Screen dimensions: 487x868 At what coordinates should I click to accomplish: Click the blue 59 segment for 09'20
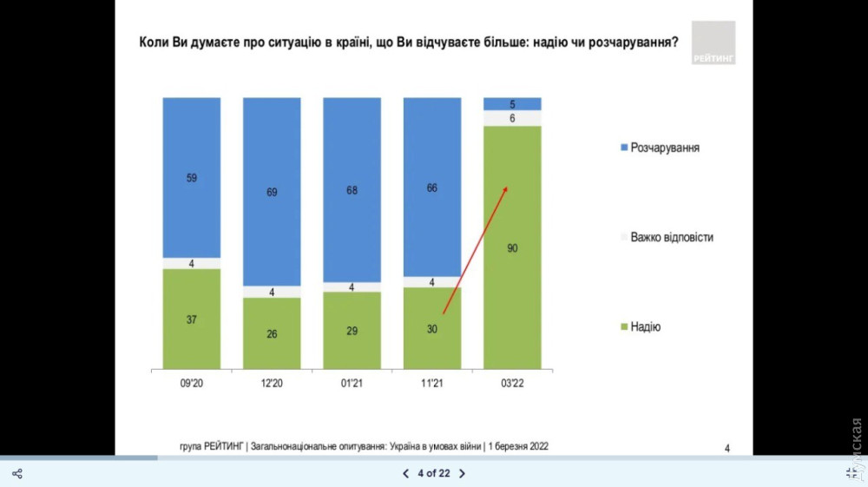191,177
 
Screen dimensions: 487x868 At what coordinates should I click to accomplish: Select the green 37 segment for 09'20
191,319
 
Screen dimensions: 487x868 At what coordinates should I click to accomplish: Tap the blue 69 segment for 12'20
272,191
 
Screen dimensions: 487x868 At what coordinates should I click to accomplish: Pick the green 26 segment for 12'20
272,332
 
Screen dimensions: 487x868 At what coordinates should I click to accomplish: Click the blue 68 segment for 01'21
352,189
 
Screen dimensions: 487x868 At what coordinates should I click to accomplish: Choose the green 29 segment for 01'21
352,330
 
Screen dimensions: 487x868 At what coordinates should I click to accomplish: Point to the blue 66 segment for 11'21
432,187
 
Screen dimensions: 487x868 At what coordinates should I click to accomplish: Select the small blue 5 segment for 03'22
512,104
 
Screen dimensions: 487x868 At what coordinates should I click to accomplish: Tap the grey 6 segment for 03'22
512,118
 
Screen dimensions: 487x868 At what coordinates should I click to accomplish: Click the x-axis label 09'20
191,384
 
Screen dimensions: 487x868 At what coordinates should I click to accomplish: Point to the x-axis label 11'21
432,384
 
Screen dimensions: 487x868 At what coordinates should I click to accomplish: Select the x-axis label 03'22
512,384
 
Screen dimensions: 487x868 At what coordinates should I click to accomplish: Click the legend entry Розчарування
659,148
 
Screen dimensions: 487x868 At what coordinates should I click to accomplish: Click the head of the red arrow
506,188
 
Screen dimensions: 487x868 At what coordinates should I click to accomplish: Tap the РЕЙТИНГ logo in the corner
713,43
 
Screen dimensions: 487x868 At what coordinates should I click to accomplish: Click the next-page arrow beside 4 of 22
462,473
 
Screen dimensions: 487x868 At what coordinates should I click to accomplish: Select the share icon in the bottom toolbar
16,473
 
